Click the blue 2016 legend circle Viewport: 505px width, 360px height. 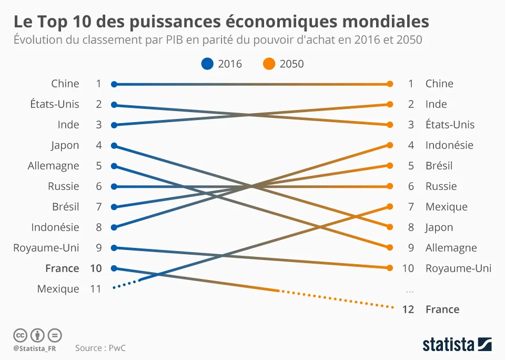coord(208,64)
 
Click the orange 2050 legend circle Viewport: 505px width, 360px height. coord(269,64)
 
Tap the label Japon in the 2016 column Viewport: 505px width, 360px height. coord(65,145)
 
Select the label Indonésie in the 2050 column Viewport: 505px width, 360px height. coord(449,145)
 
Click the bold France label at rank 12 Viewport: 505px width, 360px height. coord(442,309)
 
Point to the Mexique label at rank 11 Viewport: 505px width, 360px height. coord(58,289)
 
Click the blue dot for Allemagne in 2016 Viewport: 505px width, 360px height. coord(114,166)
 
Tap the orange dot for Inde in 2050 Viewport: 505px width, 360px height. coord(390,104)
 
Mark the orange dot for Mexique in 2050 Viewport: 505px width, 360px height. coord(390,207)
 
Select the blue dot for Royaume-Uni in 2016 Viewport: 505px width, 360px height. coord(114,248)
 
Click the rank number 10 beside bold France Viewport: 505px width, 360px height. coord(96,268)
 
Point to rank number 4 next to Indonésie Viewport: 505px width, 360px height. coord(411,145)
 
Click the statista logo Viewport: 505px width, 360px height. coord(457,345)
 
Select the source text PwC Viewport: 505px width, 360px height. coord(118,348)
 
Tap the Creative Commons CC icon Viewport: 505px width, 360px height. coord(20,335)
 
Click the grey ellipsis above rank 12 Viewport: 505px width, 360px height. coord(410,290)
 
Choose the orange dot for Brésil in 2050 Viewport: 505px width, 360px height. coord(390,166)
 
